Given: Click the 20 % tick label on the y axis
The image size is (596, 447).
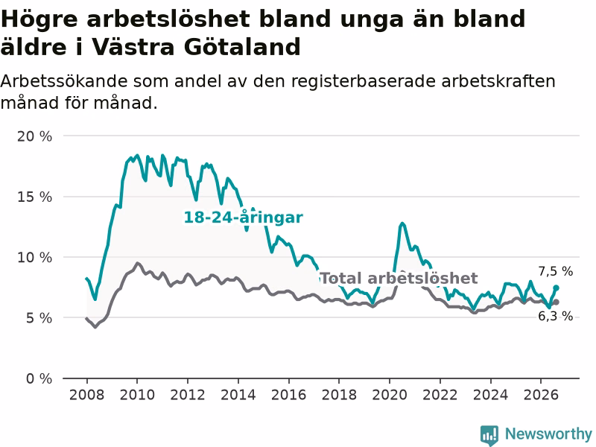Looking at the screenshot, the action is [34, 136].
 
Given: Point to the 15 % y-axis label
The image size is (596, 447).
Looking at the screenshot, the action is [34, 197].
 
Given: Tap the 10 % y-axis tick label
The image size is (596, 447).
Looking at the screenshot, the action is [34, 257].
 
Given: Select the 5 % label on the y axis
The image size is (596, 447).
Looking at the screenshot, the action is [39, 318].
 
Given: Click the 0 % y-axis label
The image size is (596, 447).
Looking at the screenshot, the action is [39, 378].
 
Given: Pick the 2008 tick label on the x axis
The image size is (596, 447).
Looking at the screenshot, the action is [86, 395].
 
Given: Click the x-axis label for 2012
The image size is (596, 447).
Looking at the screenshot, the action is [188, 395].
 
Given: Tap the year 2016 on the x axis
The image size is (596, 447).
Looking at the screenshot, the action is [288, 395].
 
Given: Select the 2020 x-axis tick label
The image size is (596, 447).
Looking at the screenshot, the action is [390, 395].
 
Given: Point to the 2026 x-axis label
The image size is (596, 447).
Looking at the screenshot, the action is [541, 395].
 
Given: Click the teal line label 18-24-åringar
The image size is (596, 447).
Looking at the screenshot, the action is [244, 218].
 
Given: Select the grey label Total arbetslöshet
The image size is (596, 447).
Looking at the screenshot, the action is [399, 278].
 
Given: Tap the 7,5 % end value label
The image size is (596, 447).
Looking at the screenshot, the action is [555, 271].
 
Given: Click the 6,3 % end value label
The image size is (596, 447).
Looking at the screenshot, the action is [555, 316].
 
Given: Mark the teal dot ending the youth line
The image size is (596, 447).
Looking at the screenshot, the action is [556, 288].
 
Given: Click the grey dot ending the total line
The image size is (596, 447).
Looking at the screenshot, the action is [556, 302].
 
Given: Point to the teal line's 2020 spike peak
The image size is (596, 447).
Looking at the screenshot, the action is [402, 223].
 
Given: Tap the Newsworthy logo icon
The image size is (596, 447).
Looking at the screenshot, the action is [489, 435].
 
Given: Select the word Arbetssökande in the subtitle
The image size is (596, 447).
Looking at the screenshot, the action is [63, 81].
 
